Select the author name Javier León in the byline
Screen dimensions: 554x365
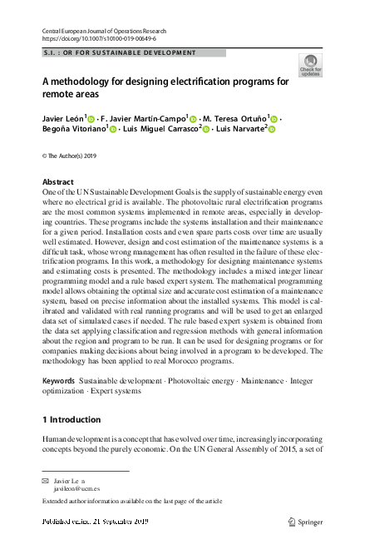pos(63,118)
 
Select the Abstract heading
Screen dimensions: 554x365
pos(57,182)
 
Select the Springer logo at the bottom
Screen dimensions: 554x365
pos(304,522)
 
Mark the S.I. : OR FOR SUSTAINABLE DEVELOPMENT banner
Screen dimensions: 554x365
pos(120,52)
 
